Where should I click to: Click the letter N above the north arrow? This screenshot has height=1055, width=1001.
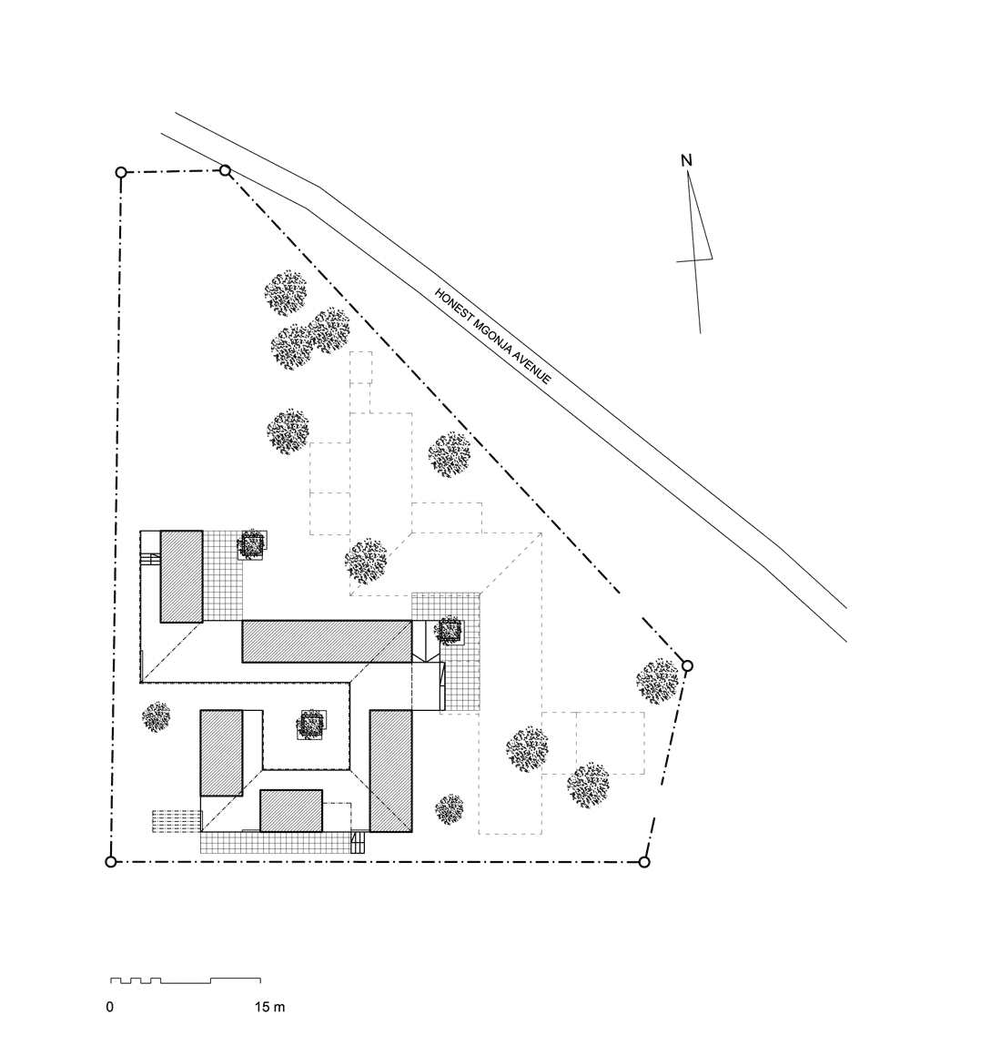coord(686,160)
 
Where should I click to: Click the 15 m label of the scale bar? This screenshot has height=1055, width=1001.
coord(269,1008)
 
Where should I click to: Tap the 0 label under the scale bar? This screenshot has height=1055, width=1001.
coord(109,1008)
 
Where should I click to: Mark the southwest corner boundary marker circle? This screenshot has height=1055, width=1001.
coord(111,862)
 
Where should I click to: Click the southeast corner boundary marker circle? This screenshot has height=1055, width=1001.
coord(644,862)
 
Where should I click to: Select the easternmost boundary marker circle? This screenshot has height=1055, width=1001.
coord(687,666)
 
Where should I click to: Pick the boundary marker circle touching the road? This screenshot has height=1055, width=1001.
coord(226,171)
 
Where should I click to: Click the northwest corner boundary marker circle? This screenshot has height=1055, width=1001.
coord(121,173)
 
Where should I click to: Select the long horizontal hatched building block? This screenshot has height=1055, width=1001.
coord(327,641)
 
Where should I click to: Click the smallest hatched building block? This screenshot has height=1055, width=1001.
coord(291,811)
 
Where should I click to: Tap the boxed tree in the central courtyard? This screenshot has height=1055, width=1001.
coord(311,725)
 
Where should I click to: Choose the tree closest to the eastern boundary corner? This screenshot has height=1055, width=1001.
coord(657,682)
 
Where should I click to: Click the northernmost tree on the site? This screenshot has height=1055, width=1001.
coord(285,293)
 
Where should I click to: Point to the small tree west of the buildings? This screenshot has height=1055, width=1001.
coord(157,717)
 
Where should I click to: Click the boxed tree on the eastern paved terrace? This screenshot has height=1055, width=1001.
coord(448,631)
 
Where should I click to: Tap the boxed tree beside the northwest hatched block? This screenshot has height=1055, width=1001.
coord(251,544)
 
